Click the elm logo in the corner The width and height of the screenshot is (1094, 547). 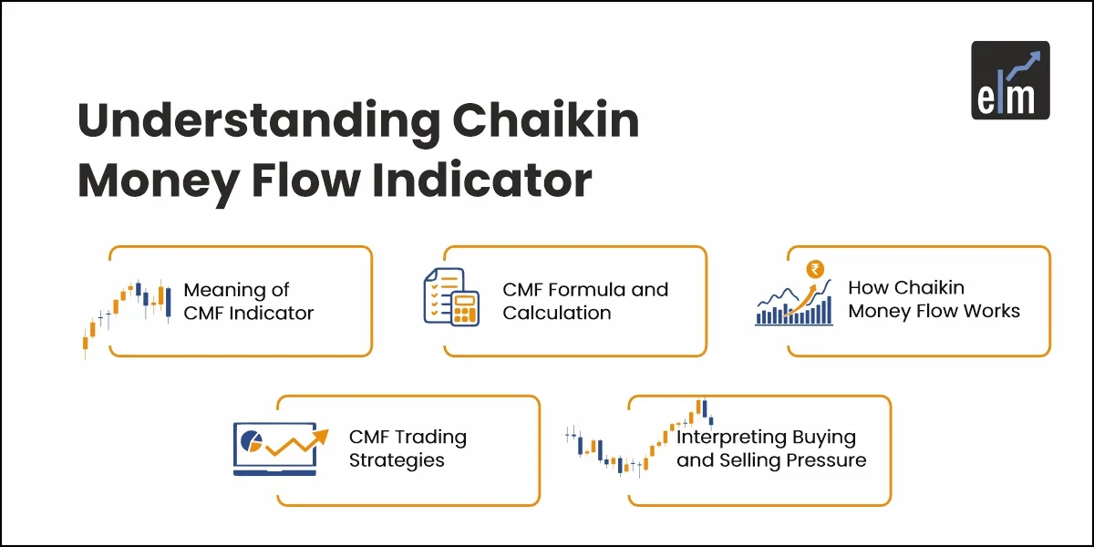(x=1010, y=80)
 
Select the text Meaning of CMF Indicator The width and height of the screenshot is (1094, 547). (x=248, y=302)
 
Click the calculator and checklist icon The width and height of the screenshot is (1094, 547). (x=451, y=296)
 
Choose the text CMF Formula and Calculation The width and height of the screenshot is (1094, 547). (x=584, y=301)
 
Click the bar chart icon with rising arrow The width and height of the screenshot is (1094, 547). (x=794, y=301)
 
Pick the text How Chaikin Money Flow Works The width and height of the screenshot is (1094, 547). (x=934, y=299)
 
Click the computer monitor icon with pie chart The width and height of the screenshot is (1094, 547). (x=274, y=448)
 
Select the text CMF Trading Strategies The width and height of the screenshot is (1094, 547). (x=408, y=449)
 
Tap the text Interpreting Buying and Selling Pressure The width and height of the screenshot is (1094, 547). (x=770, y=449)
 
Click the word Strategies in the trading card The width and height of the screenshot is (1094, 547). (x=397, y=460)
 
